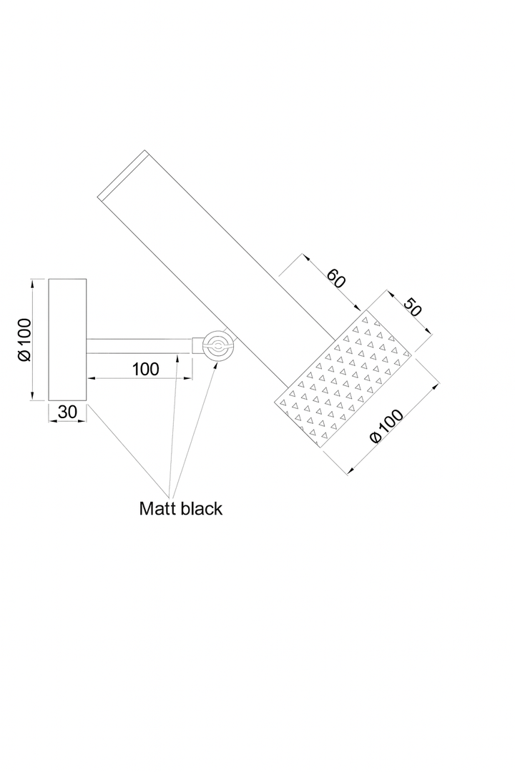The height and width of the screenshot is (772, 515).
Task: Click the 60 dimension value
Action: click(x=336, y=278)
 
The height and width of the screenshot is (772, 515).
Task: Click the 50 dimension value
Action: click(x=413, y=307)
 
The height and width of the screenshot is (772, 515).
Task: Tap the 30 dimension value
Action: click(x=67, y=412)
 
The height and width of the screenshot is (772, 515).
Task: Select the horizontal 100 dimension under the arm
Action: click(x=145, y=369)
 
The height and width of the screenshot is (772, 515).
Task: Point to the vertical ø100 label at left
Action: click(x=24, y=340)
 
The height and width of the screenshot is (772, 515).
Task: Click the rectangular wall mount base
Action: click(x=67, y=340)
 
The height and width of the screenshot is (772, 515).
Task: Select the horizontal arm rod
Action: click(x=139, y=346)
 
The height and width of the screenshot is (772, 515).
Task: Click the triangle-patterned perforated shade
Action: click(x=343, y=379)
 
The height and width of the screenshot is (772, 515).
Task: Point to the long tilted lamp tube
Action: click(x=217, y=269)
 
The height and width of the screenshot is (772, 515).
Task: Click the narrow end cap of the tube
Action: click(x=123, y=175)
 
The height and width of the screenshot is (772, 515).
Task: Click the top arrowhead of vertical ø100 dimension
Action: click(x=32, y=282)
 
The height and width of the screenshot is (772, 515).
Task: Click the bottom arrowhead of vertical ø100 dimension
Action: click(x=32, y=396)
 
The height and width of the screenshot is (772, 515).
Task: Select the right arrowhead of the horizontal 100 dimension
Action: click(x=188, y=378)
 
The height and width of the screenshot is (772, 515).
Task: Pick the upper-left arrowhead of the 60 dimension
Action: click(x=307, y=257)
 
